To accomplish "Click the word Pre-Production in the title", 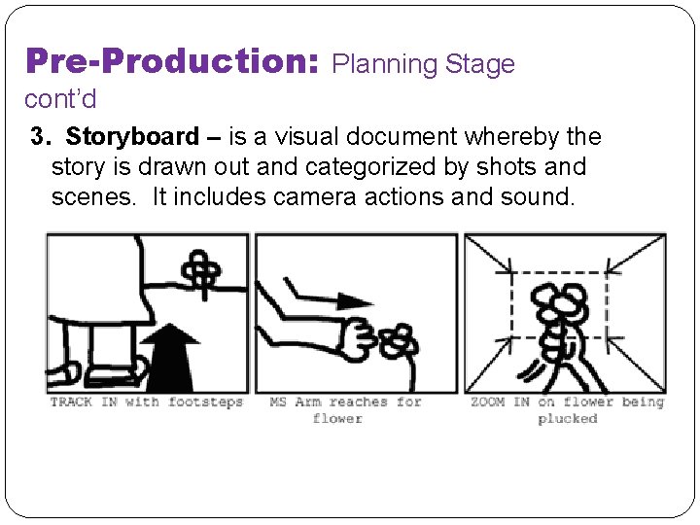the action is click(x=172, y=61).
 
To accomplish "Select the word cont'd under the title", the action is click(x=60, y=99).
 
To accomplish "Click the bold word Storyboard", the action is click(x=132, y=137).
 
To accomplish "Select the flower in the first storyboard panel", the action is click(x=201, y=273).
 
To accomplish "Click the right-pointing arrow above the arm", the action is click(x=329, y=296).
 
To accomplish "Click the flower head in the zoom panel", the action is click(x=559, y=304).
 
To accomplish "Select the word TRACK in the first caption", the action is click(x=71, y=402).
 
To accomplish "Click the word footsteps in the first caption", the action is click(x=206, y=402).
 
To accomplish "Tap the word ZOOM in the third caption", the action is click(x=487, y=402).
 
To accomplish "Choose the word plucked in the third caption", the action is click(x=568, y=419).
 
